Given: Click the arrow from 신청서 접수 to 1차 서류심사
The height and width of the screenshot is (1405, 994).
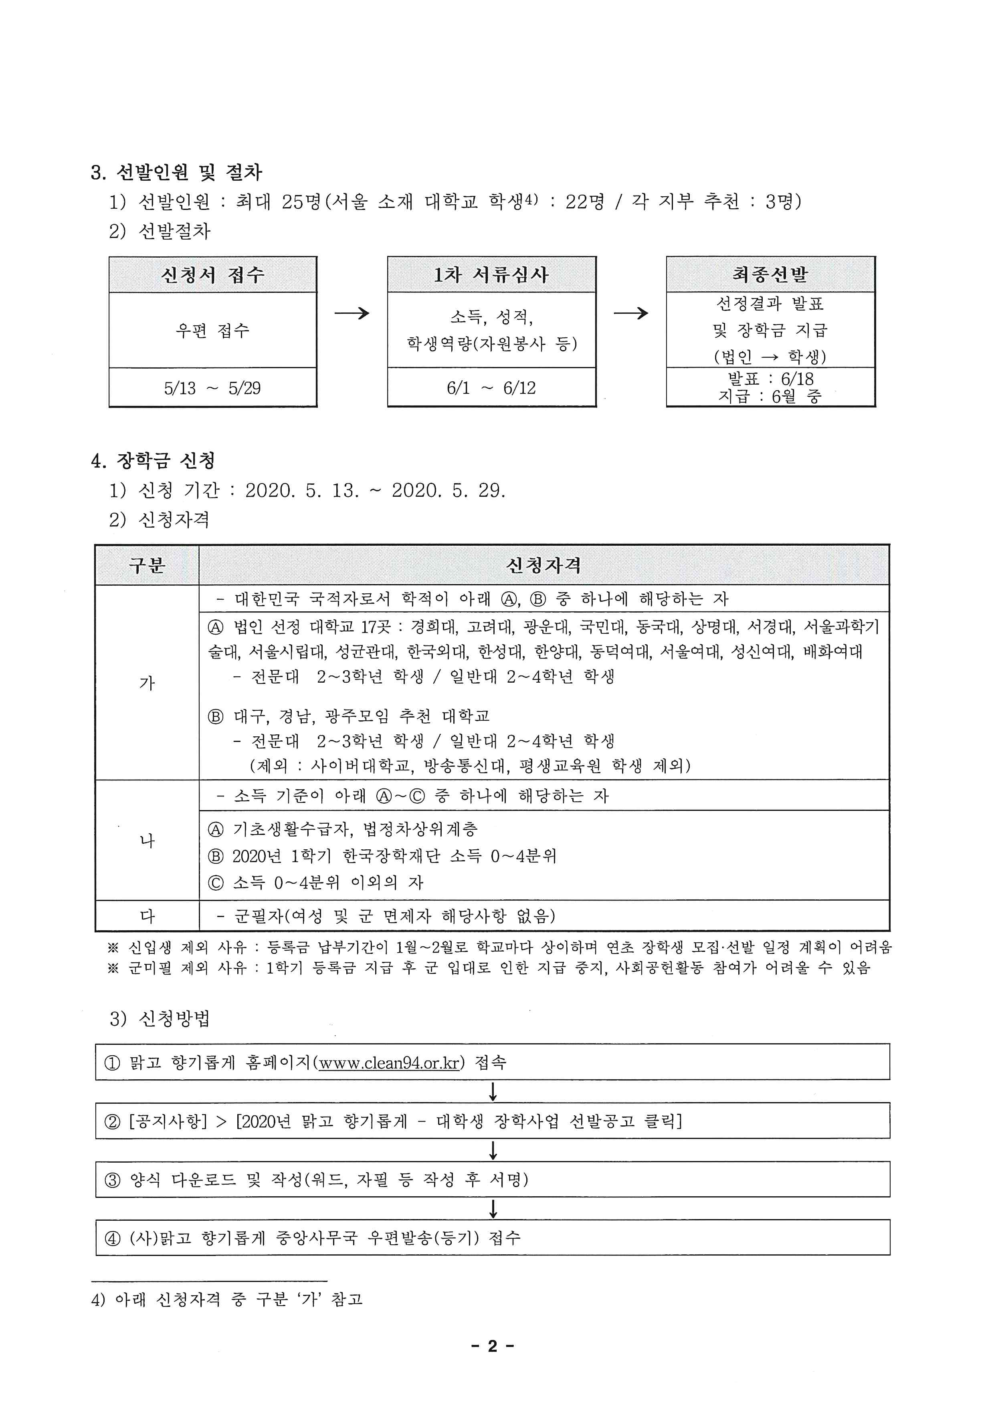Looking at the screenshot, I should [352, 313].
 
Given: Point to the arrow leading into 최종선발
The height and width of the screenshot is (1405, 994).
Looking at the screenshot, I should [630, 313].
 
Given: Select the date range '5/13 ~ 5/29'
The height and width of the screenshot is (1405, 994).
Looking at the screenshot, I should [212, 388].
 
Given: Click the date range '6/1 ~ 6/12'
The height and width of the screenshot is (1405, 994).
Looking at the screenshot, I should [491, 388].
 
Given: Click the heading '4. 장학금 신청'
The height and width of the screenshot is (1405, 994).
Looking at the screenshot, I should [153, 461].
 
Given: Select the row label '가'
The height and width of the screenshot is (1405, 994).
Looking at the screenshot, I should [147, 682].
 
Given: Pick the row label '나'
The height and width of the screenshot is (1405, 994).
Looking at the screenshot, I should [147, 840].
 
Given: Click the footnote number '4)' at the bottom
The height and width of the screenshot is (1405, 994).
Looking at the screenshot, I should [99, 1300].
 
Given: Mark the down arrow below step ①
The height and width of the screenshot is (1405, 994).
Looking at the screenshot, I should [493, 1092].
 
